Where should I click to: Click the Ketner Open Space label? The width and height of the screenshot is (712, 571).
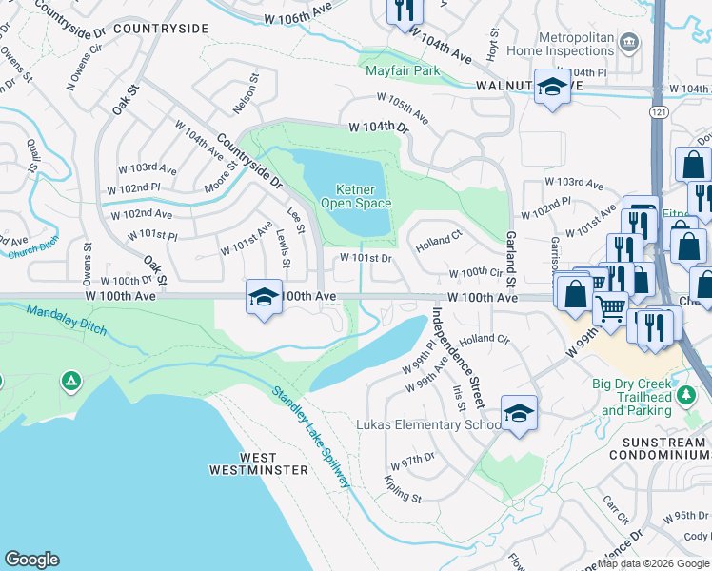point(354,196)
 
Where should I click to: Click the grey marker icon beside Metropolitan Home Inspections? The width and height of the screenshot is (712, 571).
point(628,42)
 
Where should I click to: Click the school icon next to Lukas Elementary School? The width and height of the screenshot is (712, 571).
point(518,413)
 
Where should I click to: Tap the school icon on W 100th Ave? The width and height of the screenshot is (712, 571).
point(264,296)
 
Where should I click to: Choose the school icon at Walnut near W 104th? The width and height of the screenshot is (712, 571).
point(551,88)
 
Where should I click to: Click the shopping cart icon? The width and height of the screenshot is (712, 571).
point(610,307)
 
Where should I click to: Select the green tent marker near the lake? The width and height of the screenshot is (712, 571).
point(69,382)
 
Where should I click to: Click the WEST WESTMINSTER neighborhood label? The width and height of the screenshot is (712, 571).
point(259,463)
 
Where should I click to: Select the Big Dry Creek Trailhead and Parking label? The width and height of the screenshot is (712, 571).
point(646,397)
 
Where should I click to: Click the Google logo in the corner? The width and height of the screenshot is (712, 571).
point(31,560)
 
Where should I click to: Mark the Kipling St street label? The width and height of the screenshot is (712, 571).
point(403,491)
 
